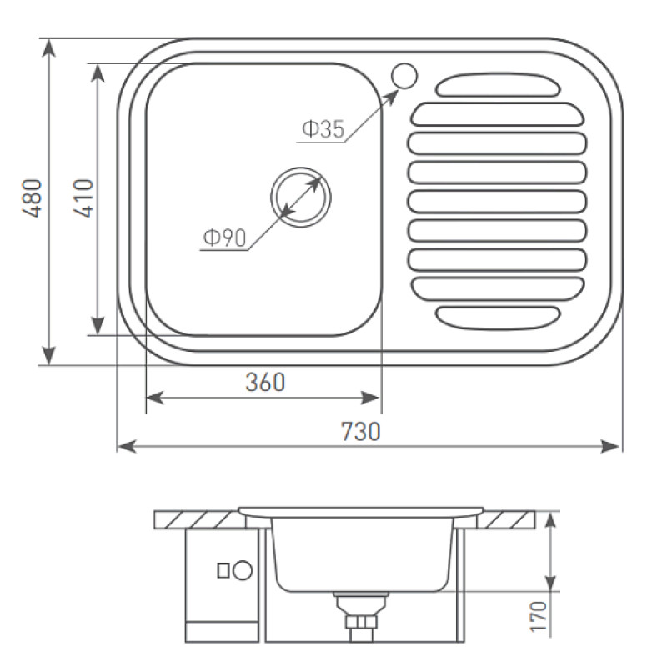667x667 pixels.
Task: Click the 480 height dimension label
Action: (33, 198)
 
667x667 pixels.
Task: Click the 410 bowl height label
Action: (83, 198)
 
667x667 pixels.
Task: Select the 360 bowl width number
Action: (265, 382)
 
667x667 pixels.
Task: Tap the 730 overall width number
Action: (361, 431)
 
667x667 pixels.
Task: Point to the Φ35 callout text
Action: (323, 129)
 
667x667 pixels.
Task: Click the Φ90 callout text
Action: (224, 238)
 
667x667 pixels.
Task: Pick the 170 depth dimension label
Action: (538, 616)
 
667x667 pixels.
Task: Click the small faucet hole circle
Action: (404, 76)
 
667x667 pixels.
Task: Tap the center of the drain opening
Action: (301, 197)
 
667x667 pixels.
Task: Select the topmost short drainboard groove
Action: (497, 85)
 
